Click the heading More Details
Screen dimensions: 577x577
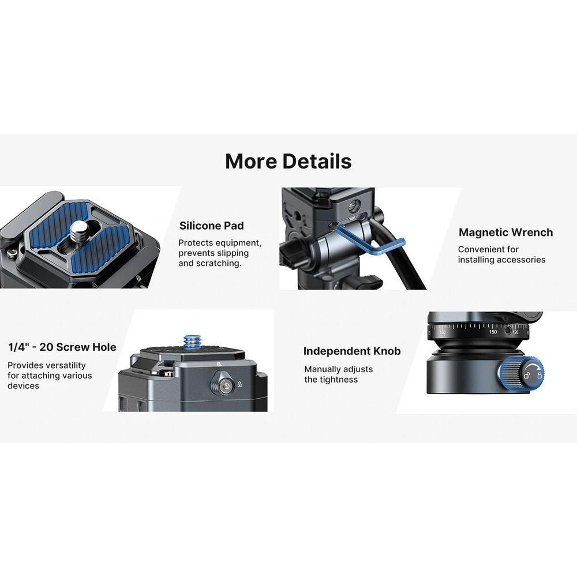pos(288,161)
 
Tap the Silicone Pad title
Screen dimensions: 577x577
pos(212,226)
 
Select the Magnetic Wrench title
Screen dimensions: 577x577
pos(505,232)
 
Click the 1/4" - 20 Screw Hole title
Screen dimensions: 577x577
pos(62,347)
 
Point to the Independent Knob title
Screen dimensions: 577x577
pos(352,351)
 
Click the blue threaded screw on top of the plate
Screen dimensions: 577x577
pos(192,342)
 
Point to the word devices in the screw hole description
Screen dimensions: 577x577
pos(23,386)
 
